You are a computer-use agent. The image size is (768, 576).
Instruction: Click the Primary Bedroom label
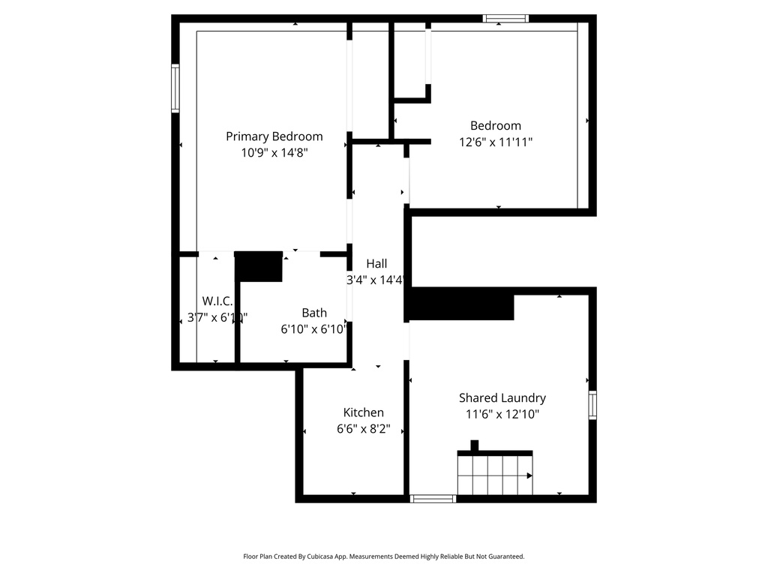tap(274, 136)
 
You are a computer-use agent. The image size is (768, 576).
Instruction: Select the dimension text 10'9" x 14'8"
tap(274, 152)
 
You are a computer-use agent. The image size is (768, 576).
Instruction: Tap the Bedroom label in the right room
tap(495, 126)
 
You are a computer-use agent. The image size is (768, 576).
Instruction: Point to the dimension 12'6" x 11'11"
tap(495, 142)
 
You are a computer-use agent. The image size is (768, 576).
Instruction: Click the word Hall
tap(376, 264)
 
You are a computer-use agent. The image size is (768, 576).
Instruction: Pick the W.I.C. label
tap(217, 301)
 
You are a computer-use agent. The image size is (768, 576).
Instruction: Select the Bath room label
tap(314, 313)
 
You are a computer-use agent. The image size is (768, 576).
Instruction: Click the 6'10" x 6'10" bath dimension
tap(314, 328)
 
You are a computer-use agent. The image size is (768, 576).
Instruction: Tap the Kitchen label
tap(364, 412)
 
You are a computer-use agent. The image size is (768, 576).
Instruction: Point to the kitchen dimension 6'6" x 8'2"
tap(364, 430)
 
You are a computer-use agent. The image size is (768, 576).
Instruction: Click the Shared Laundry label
tap(502, 398)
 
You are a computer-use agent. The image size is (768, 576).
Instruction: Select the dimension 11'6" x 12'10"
tap(502, 414)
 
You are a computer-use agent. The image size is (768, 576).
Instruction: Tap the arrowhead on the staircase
tap(529, 475)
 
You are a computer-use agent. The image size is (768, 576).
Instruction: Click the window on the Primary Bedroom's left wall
tap(175, 88)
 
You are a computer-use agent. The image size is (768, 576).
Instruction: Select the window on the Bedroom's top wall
tap(505, 19)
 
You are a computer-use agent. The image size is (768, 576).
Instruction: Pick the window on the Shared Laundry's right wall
tap(592, 404)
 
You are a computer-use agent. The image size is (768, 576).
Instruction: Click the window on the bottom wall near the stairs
tap(433, 498)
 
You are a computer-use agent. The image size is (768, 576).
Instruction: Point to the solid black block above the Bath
tap(259, 266)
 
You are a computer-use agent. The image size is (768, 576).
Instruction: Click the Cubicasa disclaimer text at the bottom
tap(383, 556)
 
